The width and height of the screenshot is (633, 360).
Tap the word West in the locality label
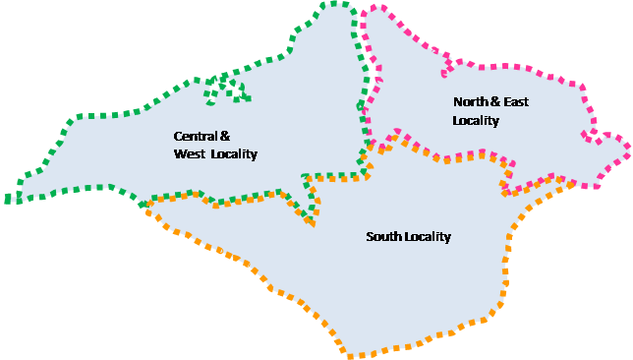click(189, 154)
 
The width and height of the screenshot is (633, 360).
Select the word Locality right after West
click(235, 154)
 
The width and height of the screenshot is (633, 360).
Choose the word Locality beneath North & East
click(476, 121)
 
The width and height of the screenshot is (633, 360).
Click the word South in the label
click(382, 237)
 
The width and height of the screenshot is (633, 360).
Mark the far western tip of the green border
click(8, 200)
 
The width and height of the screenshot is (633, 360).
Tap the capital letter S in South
click(370, 237)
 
